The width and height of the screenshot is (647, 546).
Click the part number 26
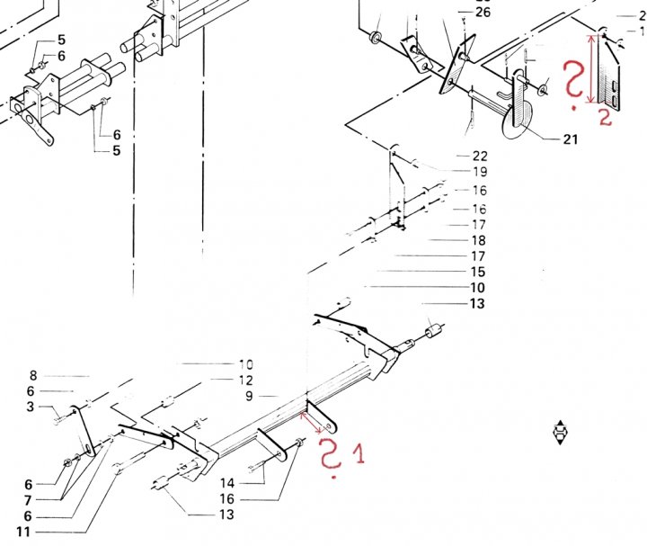pyautogui.click(x=483, y=12)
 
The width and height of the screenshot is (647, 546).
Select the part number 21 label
pyautogui.click(x=570, y=139)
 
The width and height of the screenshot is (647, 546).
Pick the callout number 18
pyautogui.click(x=478, y=240)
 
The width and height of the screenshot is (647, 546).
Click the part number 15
pyautogui.click(x=478, y=272)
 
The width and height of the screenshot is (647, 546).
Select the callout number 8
pyautogui.click(x=32, y=375)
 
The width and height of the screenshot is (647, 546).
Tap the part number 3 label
pyautogui.click(x=30, y=407)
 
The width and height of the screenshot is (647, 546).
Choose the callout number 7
pyautogui.click(x=29, y=499)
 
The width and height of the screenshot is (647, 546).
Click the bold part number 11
pyautogui.click(x=24, y=532)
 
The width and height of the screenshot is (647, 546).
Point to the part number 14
pyautogui.click(x=226, y=483)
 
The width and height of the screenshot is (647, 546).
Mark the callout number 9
pyautogui.click(x=249, y=396)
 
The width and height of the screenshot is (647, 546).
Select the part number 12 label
pyautogui.click(x=246, y=380)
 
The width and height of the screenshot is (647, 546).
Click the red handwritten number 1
pyautogui.click(x=359, y=454)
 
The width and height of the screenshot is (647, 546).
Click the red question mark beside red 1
pyautogui.click(x=332, y=458)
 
